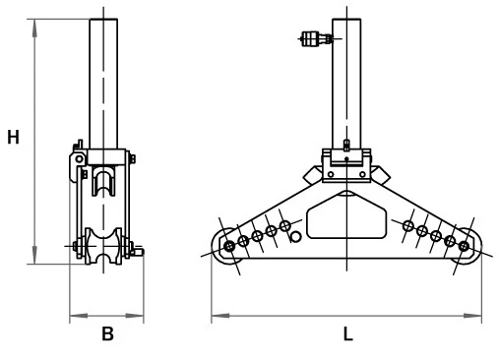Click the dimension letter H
13,137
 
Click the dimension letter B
107,333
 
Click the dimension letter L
347,334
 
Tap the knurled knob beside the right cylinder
310,38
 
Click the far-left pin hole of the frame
229,246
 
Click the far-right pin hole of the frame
464,246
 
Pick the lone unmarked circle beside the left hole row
295,237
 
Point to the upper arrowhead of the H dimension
34,28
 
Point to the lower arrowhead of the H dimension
34,255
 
